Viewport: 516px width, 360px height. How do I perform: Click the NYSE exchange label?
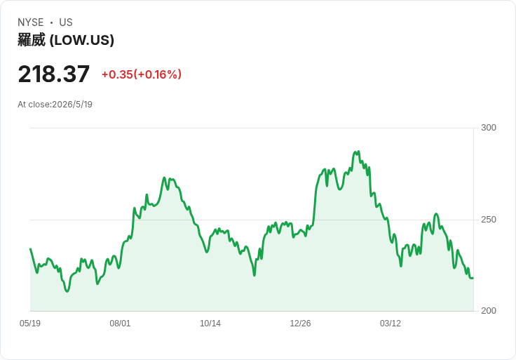pyautogui.click(x=30, y=22)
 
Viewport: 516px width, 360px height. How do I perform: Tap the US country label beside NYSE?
pyautogui.click(x=66, y=22)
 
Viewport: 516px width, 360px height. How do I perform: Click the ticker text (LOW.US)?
pyautogui.click(x=82, y=40)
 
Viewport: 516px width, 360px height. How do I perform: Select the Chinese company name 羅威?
pyautogui.click(x=32, y=40)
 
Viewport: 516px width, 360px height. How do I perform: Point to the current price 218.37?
pyautogui.click(x=54, y=74)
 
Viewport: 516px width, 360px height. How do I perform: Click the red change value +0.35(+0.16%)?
pyautogui.click(x=142, y=74)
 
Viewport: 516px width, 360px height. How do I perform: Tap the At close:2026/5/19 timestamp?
pyautogui.click(x=55, y=105)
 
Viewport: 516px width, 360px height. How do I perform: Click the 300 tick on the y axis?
pyautogui.click(x=489, y=128)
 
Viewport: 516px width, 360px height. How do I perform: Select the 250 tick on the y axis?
pyautogui.click(x=489, y=220)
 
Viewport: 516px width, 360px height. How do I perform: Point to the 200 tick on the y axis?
pyautogui.click(x=489, y=311)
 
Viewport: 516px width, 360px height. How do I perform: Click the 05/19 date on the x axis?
pyautogui.click(x=30, y=323)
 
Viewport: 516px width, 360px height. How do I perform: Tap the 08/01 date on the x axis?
pyautogui.click(x=120, y=323)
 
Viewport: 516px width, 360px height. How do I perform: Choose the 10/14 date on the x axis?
pyautogui.click(x=210, y=323)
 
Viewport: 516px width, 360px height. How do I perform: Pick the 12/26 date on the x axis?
pyautogui.click(x=300, y=323)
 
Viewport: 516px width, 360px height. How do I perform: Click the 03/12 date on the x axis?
pyautogui.click(x=391, y=323)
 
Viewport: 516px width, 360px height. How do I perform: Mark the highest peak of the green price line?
pyautogui.click(x=359, y=152)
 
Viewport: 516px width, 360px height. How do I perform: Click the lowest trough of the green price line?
pyautogui.click(x=67, y=291)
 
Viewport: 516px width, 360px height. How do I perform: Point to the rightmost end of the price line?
pyautogui.click(x=473, y=279)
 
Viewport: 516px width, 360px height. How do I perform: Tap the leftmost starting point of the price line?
pyautogui.click(x=30, y=248)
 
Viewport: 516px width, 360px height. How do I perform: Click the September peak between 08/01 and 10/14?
pyautogui.click(x=165, y=178)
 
